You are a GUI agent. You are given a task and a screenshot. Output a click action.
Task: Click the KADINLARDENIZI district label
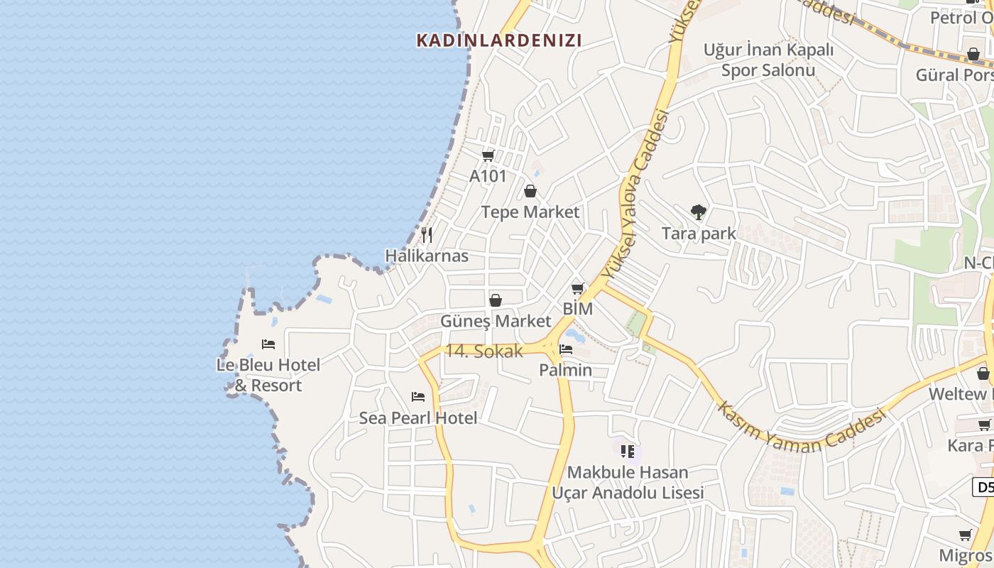[498, 40]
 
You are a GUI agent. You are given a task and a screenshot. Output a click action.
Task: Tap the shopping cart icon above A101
[488, 155]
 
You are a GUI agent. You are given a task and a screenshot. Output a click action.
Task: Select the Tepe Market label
[530, 212]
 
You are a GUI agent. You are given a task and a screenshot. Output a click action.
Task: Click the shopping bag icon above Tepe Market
[530, 191]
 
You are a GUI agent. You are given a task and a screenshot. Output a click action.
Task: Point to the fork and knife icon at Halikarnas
[427, 234]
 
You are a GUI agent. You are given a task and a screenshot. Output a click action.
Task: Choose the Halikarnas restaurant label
[427, 256]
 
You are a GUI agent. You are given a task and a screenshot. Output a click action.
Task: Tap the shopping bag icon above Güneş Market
[496, 300]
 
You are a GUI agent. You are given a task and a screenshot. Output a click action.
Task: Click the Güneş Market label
[496, 321]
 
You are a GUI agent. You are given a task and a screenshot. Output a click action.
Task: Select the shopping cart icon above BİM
[578, 288]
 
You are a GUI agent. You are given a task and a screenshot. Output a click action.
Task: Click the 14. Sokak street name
[484, 351]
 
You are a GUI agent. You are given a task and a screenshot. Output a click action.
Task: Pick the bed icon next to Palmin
[566, 349]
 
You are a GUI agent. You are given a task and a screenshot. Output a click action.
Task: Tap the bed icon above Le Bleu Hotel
[268, 344]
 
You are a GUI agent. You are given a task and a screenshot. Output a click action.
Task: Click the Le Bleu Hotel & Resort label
[268, 375]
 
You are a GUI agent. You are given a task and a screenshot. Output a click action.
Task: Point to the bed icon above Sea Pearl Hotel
[418, 397]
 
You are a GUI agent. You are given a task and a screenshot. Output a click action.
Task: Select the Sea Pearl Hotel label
[418, 418]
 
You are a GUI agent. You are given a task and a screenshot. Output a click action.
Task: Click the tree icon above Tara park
[699, 212]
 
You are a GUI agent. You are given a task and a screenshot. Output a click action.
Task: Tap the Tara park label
[699, 233]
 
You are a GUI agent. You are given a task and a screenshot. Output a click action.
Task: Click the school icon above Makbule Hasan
[627, 451]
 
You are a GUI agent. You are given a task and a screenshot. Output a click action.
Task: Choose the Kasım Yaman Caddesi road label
[802, 430]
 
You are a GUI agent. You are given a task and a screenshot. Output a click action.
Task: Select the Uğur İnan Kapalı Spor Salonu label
[768, 60]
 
